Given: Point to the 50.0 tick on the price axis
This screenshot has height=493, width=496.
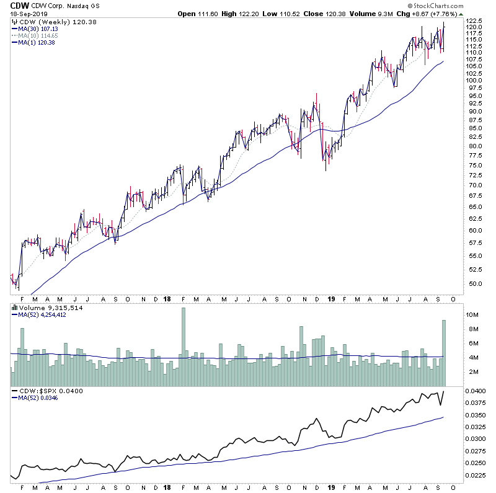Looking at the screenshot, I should (x=475, y=284).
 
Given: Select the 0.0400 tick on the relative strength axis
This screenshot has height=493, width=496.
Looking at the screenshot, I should (x=478, y=391).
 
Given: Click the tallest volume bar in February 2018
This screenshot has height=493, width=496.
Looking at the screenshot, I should (x=183, y=339).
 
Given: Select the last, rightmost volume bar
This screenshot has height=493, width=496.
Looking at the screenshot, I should (x=444, y=345).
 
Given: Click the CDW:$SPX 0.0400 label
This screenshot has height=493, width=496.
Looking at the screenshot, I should (x=50, y=391).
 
